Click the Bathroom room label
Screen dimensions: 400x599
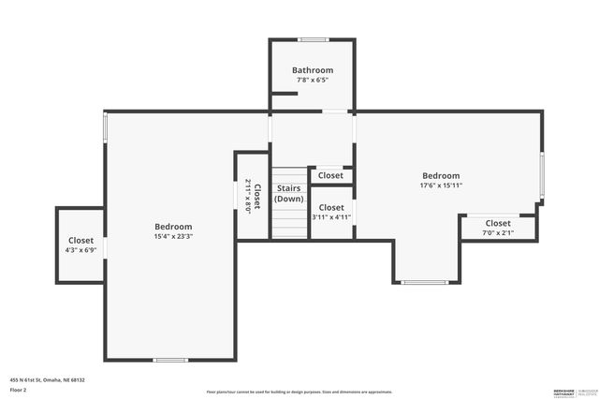(x=312, y=70)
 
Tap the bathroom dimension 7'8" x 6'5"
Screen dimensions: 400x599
(x=312, y=80)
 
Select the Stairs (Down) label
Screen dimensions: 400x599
(x=288, y=194)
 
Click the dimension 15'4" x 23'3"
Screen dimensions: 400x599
(x=173, y=236)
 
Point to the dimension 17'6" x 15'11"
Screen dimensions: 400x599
(x=441, y=185)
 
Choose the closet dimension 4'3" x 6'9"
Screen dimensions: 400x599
(x=80, y=250)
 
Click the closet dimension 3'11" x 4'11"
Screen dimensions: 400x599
(x=330, y=217)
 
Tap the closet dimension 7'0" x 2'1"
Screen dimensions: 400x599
(x=498, y=232)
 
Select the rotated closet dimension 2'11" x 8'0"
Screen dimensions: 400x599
(x=248, y=197)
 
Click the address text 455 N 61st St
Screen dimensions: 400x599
(x=48, y=379)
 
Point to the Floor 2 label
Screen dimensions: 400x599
(x=19, y=389)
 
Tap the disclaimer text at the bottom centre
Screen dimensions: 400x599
(x=299, y=392)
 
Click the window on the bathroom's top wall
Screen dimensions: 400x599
(x=313, y=39)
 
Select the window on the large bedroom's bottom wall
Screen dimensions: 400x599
(x=170, y=360)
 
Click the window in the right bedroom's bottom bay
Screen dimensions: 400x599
(x=424, y=282)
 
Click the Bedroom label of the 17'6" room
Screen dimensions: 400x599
(x=441, y=176)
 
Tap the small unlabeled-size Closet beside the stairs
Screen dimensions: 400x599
(x=330, y=175)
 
